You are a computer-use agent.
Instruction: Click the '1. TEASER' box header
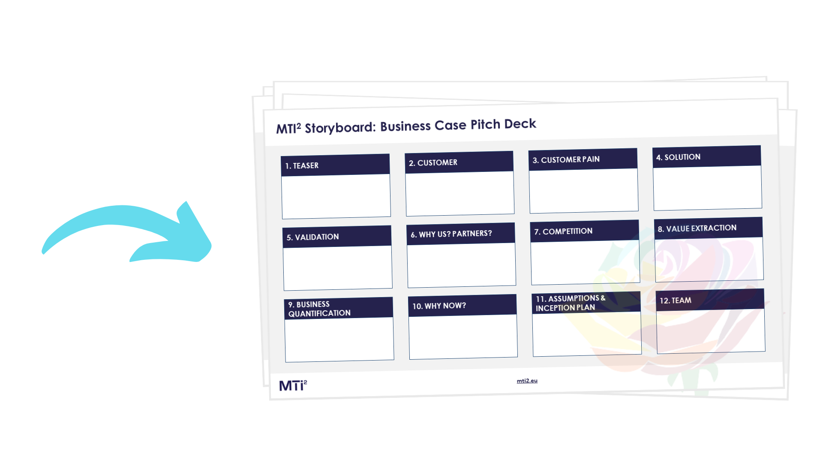pyautogui.click(x=335, y=165)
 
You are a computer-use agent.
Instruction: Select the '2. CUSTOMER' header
pyautogui.click(x=459, y=162)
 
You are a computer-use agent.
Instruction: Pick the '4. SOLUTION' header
pyautogui.click(x=707, y=156)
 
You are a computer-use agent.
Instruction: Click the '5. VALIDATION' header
pyautogui.click(x=337, y=237)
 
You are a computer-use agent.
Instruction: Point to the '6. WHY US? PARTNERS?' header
pyautogui.click(x=461, y=234)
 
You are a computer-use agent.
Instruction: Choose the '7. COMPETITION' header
pyautogui.click(x=585, y=231)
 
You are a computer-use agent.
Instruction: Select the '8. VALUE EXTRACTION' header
pyautogui.click(x=709, y=228)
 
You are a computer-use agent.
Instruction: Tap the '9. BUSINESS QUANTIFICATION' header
pyautogui.click(x=339, y=308)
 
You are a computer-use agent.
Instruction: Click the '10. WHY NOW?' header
pyautogui.click(x=463, y=305)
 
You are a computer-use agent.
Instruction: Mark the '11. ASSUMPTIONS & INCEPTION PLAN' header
pyautogui.click(x=586, y=303)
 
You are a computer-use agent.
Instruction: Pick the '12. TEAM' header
pyautogui.click(x=710, y=300)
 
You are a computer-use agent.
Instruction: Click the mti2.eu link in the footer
pyautogui.click(x=527, y=381)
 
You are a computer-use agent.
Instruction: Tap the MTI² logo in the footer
pyautogui.click(x=293, y=385)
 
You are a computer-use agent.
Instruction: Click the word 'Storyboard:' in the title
pyautogui.click(x=340, y=127)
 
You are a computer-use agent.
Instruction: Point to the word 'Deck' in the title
pyautogui.click(x=520, y=124)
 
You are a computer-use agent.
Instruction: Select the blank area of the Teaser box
pyautogui.click(x=336, y=196)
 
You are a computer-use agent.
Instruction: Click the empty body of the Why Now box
pyautogui.click(x=463, y=337)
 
